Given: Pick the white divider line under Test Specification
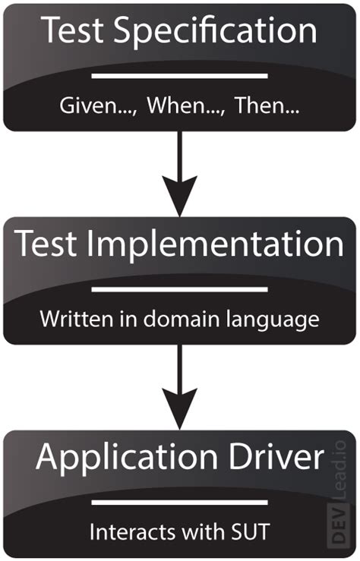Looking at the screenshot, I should click(x=180, y=75).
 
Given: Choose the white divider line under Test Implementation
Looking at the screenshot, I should click(x=180, y=289).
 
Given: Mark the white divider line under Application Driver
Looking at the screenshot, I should click(x=180, y=502).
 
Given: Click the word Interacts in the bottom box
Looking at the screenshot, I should click(x=124, y=531).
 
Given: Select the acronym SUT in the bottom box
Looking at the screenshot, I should click(x=251, y=531).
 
